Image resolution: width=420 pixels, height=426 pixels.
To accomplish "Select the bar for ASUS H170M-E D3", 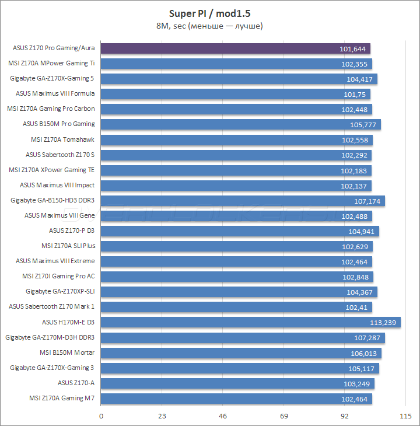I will [x=251, y=322].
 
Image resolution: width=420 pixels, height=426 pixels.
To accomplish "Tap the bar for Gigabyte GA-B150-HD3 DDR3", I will [x=243, y=201].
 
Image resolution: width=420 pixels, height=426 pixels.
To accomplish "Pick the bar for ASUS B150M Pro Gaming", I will [x=241, y=124].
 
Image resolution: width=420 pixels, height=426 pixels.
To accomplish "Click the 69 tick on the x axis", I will [x=284, y=416].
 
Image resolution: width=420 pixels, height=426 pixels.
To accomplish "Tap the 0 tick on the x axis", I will [x=101, y=416].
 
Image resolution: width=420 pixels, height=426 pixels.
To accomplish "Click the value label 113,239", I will [x=383, y=322].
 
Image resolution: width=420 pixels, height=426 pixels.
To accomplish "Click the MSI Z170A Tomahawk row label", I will [x=62, y=139].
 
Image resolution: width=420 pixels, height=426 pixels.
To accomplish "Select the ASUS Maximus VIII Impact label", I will [x=57, y=185].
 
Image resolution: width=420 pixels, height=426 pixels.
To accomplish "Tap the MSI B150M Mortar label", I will [x=67, y=352].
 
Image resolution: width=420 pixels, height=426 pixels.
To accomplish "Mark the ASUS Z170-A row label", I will [x=76, y=383].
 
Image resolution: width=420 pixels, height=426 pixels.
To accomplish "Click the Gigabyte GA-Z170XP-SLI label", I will [x=60, y=292].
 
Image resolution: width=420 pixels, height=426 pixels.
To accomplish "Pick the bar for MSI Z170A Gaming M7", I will [x=237, y=398].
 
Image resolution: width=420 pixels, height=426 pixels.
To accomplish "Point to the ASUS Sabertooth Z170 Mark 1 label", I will [x=52, y=307].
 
